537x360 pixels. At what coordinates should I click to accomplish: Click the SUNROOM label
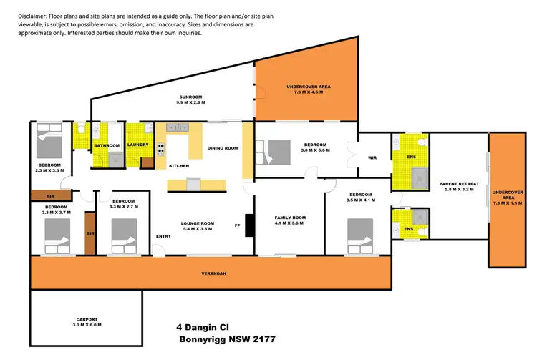191,97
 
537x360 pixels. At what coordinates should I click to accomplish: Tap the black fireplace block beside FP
248,225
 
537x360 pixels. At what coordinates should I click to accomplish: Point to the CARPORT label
86,319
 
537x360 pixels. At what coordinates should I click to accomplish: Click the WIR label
372,158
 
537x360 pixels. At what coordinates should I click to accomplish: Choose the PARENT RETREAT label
458,184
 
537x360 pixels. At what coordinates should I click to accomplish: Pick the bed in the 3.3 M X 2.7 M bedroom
124,233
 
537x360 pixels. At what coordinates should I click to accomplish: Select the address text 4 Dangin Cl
203,326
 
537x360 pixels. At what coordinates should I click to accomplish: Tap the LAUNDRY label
137,145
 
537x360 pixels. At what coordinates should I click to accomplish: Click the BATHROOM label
107,146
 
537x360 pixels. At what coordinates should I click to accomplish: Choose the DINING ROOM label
222,148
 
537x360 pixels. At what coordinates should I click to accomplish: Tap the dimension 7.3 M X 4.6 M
306,93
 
